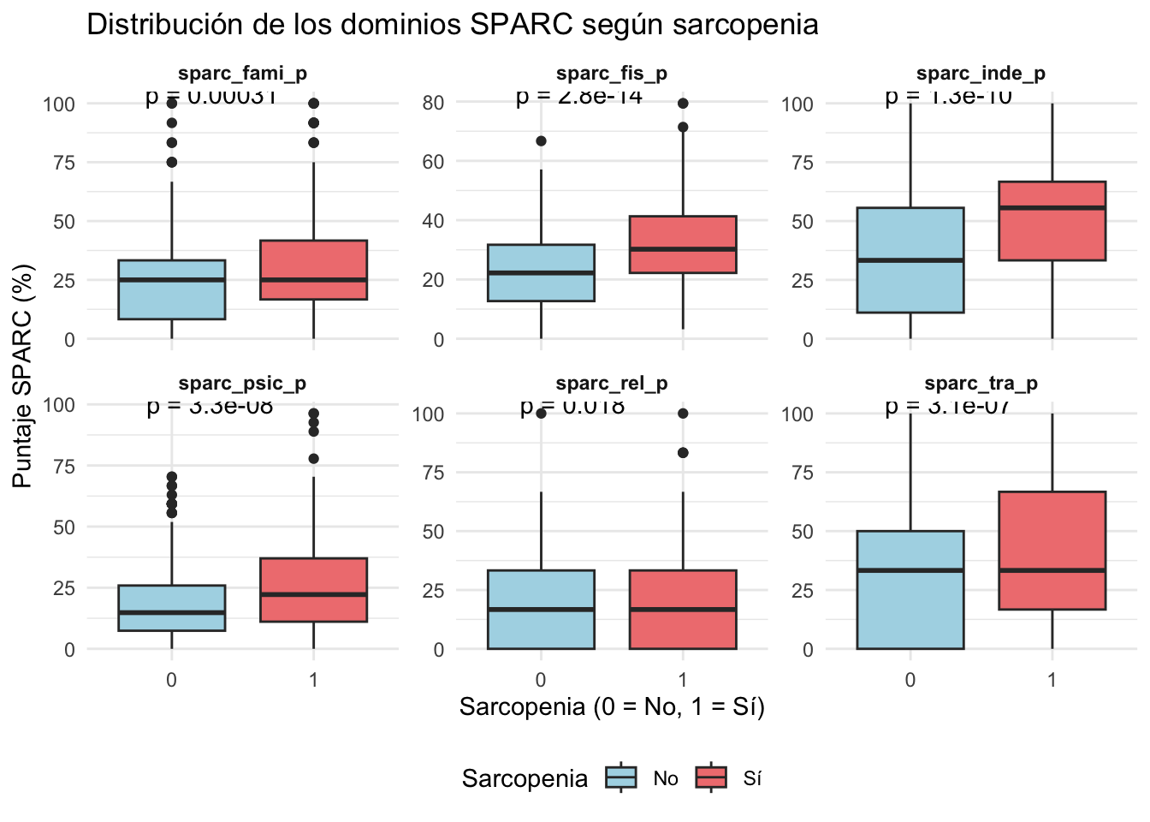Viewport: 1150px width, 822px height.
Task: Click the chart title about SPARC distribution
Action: (x=453, y=25)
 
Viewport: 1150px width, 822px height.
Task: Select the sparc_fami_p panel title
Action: (x=242, y=74)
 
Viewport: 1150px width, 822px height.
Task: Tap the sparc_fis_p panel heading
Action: (x=612, y=74)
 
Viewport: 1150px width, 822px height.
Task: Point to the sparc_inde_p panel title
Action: (x=981, y=74)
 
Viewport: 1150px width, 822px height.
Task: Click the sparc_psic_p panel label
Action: (x=242, y=384)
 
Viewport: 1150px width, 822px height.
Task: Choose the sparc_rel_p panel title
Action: (x=612, y=384)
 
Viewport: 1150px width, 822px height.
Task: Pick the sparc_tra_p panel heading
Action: (x=981, y=384)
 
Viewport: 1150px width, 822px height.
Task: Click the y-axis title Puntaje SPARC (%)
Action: (x=23, y=377)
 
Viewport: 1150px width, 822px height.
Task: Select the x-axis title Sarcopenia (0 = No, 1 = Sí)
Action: (x=612, y=707)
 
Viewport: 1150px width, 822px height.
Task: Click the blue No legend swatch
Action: (x=621, y=777)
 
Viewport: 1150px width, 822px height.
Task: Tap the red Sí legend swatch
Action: (x=711, y=777)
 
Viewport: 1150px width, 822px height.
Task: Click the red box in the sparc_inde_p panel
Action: (x=1052, y=221)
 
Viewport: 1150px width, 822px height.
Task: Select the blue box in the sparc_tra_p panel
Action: (x=910, y=591)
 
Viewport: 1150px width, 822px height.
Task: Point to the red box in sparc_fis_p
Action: (x=683, y=245)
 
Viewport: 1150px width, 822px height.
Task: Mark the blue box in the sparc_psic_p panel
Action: (x=172, y=608)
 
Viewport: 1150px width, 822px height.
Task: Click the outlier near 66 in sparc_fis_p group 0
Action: (x=541, y=141)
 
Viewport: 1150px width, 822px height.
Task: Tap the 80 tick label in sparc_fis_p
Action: (x=433, y=103)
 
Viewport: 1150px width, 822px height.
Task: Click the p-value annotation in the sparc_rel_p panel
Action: (x=572, y=406)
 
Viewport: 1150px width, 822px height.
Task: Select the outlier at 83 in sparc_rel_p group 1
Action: (x=683, y=453)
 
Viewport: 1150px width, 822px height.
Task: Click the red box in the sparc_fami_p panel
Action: (x=313, y=270)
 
